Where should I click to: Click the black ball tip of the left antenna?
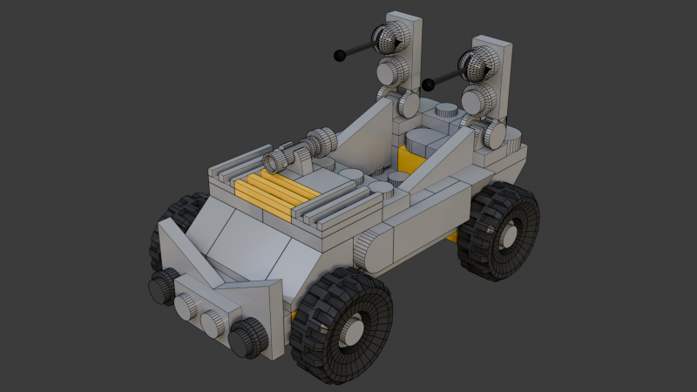pos(338,57)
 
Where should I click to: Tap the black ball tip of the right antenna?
pos(428,84)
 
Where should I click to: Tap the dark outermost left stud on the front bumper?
pos(161,287)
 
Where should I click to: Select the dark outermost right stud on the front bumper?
pos(249,336)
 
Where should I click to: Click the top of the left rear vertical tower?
pos(400,18)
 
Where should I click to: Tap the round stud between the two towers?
pos(446,111)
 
